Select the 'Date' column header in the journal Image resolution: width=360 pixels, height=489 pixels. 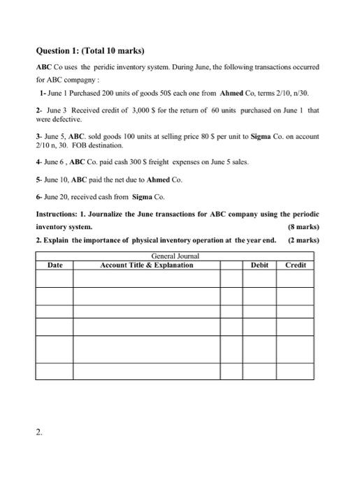click(x=55, y=265)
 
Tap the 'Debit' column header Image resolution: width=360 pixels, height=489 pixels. click(x=259, y=265)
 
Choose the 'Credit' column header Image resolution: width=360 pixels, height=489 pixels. click(x=296, y=265)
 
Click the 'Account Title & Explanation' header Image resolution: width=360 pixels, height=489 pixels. click(x=147, y=265)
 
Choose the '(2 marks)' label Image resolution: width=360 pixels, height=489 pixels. click(x=303, y=240)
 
